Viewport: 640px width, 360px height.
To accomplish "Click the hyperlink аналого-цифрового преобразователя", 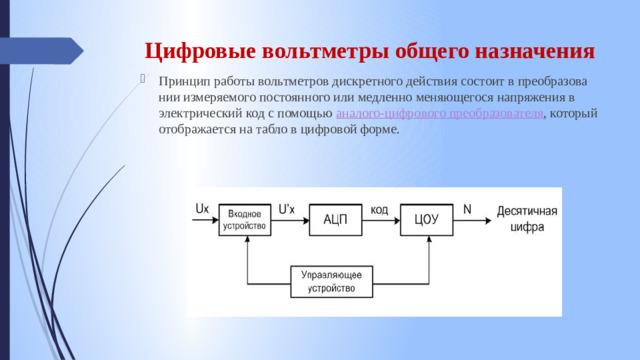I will (440, 114).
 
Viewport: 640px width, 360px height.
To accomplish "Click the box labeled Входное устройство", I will (246, 220).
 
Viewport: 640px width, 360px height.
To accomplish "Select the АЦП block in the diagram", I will (335, 220).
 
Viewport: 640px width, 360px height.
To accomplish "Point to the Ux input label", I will (202, 209).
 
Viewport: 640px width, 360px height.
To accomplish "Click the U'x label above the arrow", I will (286, 208).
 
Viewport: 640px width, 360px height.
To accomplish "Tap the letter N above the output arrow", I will (468, 208).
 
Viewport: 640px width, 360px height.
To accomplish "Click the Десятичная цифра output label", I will (526, 219).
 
